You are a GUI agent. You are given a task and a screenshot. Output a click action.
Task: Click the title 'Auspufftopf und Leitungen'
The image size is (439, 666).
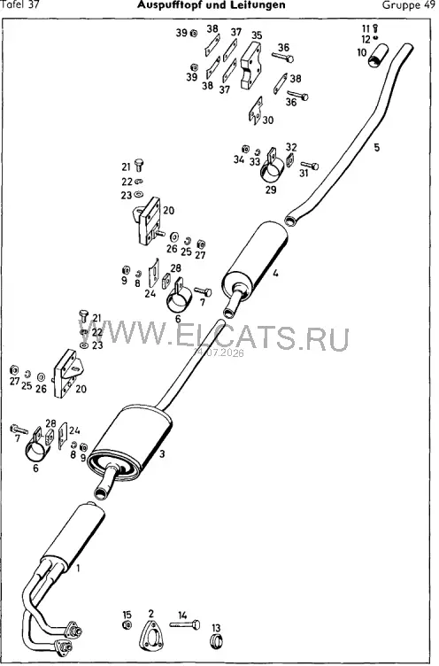[211, 4]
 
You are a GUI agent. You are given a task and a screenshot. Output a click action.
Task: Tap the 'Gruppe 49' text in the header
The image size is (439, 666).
[408, 5]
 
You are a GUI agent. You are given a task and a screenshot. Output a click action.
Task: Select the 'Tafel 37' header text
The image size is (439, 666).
[20, 4]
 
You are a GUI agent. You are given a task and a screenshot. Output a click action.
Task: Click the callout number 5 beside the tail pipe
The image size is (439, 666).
[377, 147]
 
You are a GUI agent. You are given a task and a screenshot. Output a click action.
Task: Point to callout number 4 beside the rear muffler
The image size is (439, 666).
[275, 274]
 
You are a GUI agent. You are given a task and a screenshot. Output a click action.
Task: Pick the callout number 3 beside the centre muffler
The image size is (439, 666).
[162, 454]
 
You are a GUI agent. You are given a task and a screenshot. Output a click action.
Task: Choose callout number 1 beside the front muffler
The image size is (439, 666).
[78, 568]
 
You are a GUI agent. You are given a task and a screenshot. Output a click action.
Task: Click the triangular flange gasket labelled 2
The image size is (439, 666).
[151, 635]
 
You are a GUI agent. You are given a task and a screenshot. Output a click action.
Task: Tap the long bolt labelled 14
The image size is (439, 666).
[185, 624]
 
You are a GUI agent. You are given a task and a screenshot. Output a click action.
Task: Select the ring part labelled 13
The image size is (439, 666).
[217, 640]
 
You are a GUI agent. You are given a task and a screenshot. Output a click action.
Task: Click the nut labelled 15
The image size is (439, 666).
[127, 624]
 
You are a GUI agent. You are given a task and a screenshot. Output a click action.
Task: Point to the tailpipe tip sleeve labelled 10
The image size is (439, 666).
[378, 56]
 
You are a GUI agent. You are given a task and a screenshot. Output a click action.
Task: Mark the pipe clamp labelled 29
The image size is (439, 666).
[272, 166]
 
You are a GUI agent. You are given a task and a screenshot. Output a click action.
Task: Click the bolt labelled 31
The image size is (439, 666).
[310, 166]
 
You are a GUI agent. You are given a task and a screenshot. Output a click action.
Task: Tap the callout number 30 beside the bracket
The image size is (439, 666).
[268, 120]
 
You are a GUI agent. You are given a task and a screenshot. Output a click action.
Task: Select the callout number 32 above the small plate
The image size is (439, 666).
[291, 147]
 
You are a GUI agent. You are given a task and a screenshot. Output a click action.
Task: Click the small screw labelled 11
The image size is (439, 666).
[375, 29]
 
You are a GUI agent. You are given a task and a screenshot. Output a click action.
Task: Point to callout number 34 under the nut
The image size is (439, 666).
[239, 159]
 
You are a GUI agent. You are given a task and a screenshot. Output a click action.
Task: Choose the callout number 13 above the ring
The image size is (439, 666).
[216, 628]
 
